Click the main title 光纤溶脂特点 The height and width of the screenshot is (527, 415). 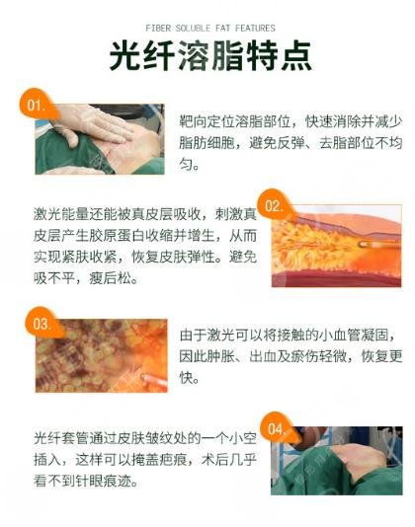[x=207, y=56]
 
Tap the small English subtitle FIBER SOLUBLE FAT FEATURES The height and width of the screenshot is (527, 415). [x=207, y=28]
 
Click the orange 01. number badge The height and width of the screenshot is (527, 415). [x=36, y=105]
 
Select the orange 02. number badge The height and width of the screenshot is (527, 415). [x=276, y=207]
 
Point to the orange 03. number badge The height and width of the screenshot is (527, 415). [x=42, y=323]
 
